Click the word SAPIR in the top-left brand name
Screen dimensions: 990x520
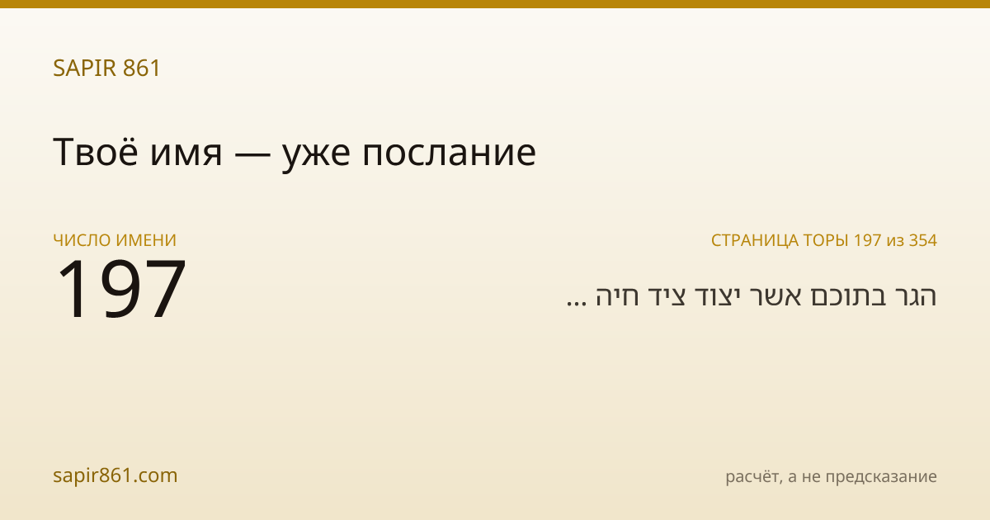coord(84,68)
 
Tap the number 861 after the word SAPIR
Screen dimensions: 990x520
coord(141,68)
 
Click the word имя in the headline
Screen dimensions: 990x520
coord(186,155)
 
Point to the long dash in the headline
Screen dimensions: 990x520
coord(252,155)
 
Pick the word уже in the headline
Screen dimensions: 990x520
coord(316,157)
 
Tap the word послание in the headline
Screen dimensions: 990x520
coord(449,155)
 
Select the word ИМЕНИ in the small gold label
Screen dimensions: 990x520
coord(145,240)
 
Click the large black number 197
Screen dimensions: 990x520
coord(120,289)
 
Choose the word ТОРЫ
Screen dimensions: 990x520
coord(826,240)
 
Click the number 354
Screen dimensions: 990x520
coord(923,240)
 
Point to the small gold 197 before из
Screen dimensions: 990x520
coord(868,240)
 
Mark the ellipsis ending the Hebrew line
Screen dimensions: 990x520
coord(577,304)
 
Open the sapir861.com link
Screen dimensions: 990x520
coord(115,475)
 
